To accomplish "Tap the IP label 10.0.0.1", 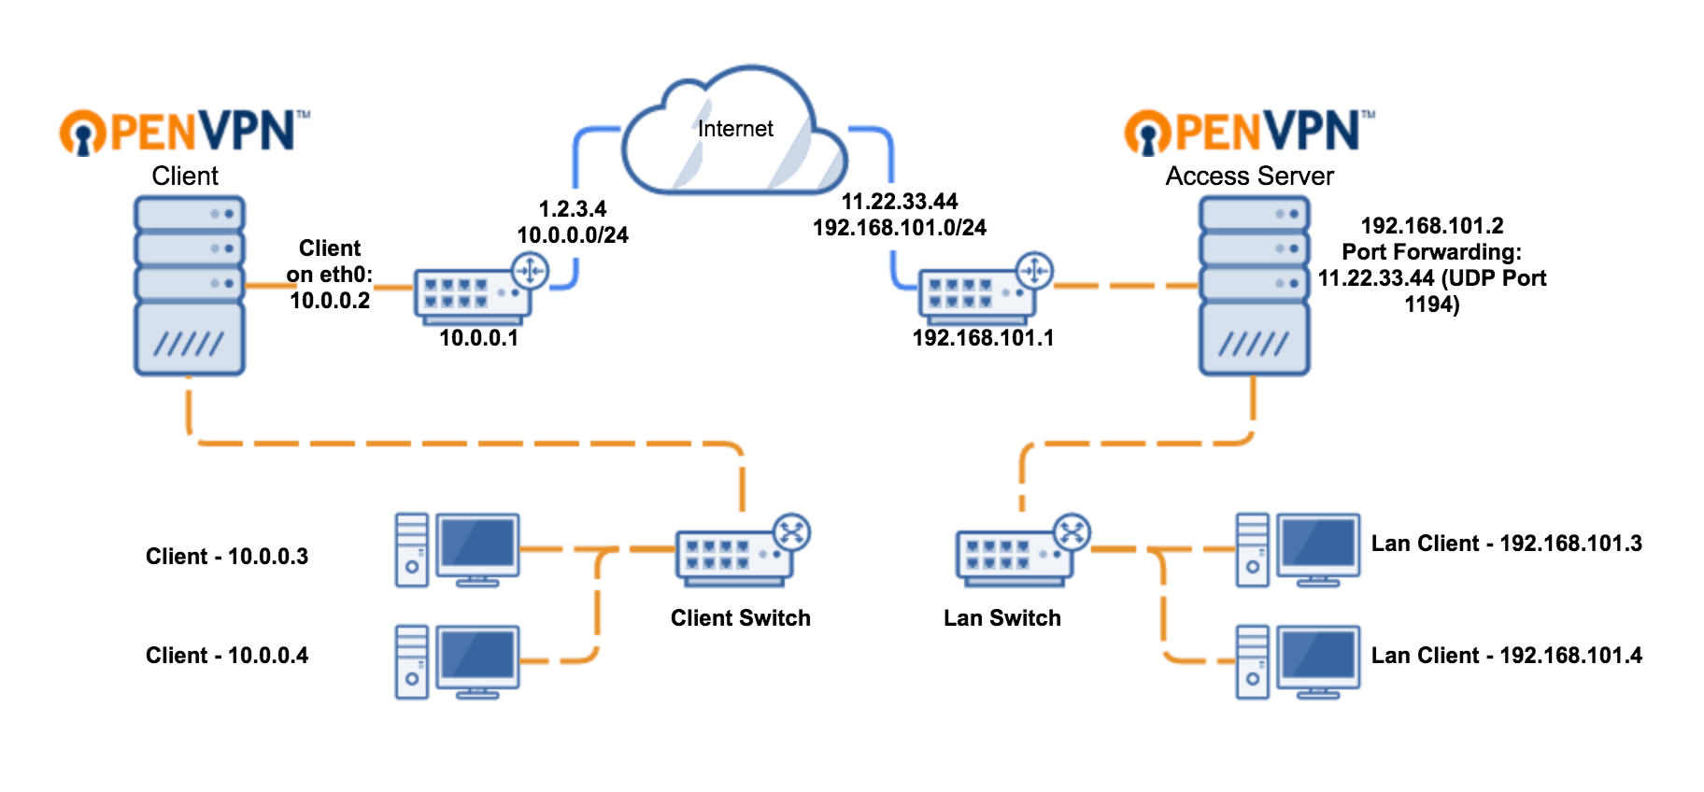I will pyautogui.click(x=478, y=338).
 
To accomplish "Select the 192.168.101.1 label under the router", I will pyautogui.click(x=983, y=338).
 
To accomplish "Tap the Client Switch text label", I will pyautogui.click(x=740, y=618).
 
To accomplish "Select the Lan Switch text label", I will pyautogui.click(x=1001, y=618).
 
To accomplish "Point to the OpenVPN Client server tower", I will pyautogui.click(x=190, y=285).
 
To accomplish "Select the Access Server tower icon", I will pyautogui.click(x=1254, y=285).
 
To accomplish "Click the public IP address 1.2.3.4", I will pyautogui.click(x=573, y=209).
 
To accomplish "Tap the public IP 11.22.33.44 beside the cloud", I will pyautogui.click(x=900, y=202).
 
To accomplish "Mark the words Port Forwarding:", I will pyautogui.click(x=1431, y=252).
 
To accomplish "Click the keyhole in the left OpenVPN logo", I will pyautogui.click(x=83, y=136).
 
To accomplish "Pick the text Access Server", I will pyautogui.click(x=1249, y=177).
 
